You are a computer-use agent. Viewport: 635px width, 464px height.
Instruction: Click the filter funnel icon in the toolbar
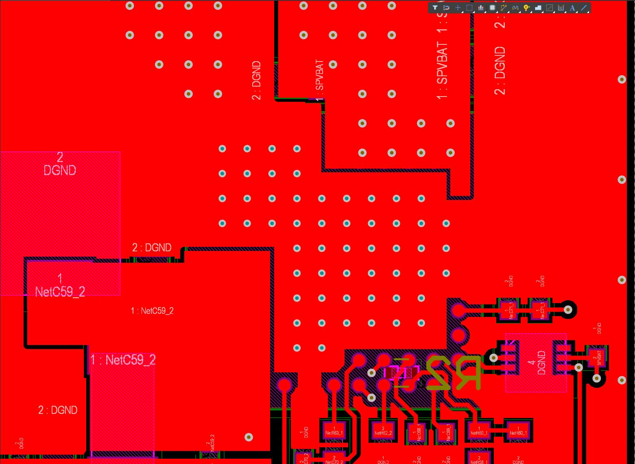click(x=435, y=8)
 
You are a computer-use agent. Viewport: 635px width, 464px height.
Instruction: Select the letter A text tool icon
click(x=572, y=8)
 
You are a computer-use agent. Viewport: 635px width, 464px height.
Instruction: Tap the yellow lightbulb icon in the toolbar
click(x=526, y=8)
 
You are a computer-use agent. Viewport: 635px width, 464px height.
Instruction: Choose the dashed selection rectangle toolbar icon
click(x=469, y=8)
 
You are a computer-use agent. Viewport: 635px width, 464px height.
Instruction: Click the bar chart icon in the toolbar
click(x=481, y=8)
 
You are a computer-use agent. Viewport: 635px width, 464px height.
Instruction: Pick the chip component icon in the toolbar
click(x=492, y=8)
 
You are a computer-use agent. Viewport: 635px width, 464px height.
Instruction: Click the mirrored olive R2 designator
click(x=454, y=372)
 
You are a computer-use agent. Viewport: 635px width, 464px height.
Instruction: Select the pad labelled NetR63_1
click(x=334, y=431)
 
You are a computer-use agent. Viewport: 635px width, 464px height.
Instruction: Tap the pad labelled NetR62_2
click(x=383, y=431)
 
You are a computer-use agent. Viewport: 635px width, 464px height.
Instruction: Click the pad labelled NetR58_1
click(x=479, y=458)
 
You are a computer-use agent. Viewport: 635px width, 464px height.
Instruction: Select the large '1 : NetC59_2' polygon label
click(x=122, y=360)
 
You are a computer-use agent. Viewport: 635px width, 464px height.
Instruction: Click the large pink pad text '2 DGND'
click(x=60, y=164)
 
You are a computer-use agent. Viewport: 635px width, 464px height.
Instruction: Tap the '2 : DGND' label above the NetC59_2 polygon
click(x=152, y=248)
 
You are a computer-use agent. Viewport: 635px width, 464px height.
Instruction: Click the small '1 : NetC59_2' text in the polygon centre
click(x=152, y=311)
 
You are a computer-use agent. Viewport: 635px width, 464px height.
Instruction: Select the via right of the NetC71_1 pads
click(x=568, y=310)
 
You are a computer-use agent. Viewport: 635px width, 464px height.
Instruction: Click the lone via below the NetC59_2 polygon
click(x=249, y=437)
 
